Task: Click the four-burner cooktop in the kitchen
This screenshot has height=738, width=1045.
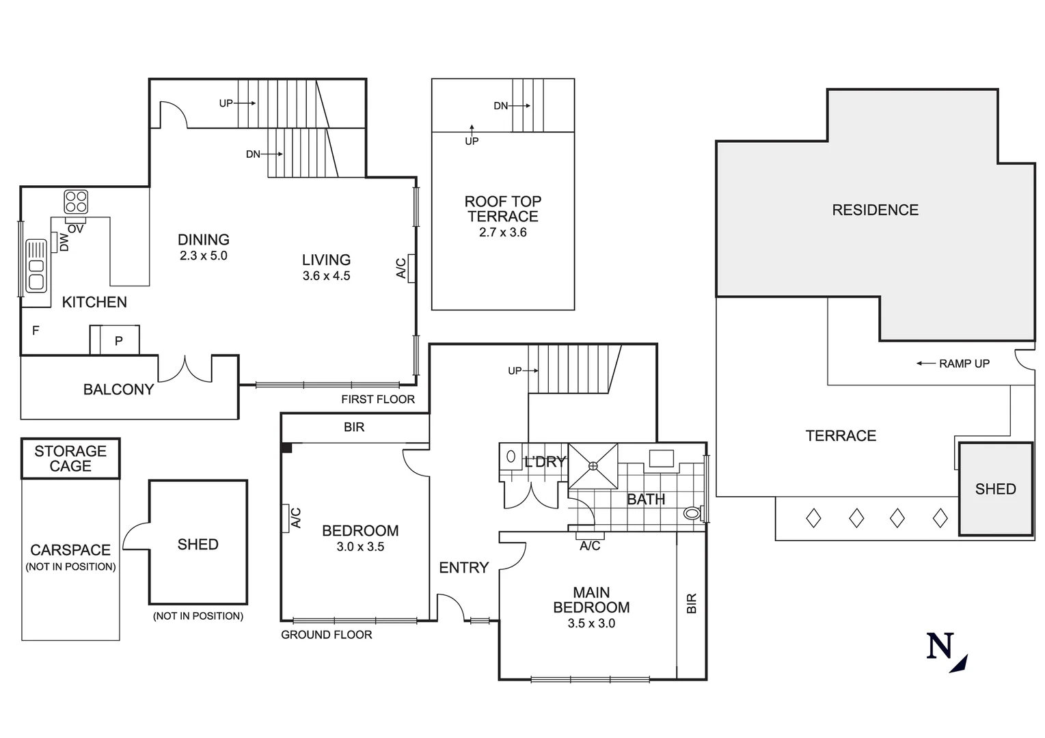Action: pyautogui.click(x=76, y=202)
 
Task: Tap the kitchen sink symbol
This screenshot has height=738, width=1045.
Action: pyautogui.click(x=36, y=266)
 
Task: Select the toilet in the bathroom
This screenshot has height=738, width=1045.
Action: pyautogui.click(x=693, y=512)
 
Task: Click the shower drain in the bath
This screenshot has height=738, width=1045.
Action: pyautogui.click(x=593, y=466)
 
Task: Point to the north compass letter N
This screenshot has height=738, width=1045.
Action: pyautogui.click(x=940, y=646)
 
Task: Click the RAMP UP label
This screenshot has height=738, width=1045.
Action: pyautogui.click(x=964, y=364)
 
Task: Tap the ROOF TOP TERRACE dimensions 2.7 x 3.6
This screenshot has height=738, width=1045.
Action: pyautogui.click(x=502, y=232)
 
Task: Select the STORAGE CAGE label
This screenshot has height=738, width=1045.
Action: pyautogui.click(x=70, y=459)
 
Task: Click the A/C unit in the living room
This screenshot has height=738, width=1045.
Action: pyautogui.click(x=411, y=268)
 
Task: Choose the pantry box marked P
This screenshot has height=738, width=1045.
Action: pyautogui.click(x=119, y=340)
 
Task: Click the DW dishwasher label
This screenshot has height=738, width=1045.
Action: pyautogui.click(x=64, y=242)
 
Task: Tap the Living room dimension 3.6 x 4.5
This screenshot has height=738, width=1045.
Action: pyautogui.click(x=326, y=276)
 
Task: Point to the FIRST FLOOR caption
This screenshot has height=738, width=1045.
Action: pyautogui.click(x=378, y=399)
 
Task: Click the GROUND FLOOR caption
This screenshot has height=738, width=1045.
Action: pyautogui.click(x=327, y=635)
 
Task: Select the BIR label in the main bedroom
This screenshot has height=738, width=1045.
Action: pyautogui.click(x=691, y=603)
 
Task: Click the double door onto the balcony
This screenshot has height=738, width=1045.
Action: pyautogui.click(x=185, y=368)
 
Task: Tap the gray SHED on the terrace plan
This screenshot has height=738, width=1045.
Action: pyautogui.click(x=995, y=489)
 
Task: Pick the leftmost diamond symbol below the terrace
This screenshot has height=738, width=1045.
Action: pyautogui.click(x=813, y=518)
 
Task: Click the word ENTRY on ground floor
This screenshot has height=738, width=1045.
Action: pyautogui.click(x=463, y=568)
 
